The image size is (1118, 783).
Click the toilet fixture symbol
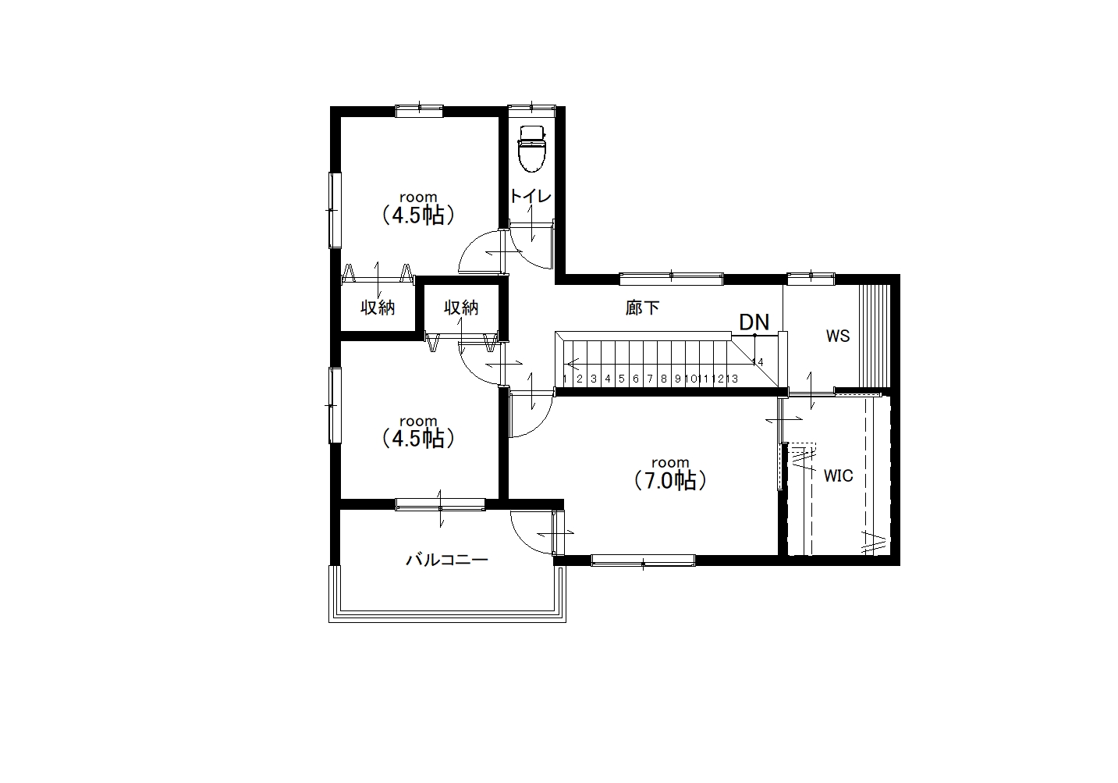click(x=532, y=148)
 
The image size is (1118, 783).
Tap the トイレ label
click(x=531, y=196)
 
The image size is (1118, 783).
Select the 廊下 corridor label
click(x=642, y=308)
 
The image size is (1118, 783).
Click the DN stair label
click(x=754, y=322)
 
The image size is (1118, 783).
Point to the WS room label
click(x=837, y=336)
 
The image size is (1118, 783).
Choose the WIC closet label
click(x=838, y=476)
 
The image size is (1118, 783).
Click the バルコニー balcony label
click(x=447, y=560)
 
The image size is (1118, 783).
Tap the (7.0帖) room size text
click(x=670, y=480)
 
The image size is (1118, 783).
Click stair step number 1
click(x=565, y=379)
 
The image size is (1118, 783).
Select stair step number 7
click(x=650, y=379)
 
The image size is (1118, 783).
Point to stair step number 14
click(x=758, y=362)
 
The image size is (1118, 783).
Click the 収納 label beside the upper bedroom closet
click(x=378, y=308)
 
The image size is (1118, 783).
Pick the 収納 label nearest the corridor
click(x=461, y=308)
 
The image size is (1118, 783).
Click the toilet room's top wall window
click(x=531, y=110)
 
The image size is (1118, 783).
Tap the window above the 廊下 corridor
click(x=671, y=278)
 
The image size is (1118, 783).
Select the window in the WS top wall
click(x=811, y=278)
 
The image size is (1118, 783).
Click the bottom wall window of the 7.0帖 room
click(x=644, y=561)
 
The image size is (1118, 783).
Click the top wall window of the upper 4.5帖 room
click(x=419, y=110)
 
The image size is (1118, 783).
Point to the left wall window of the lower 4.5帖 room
click(x=335, y=405)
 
